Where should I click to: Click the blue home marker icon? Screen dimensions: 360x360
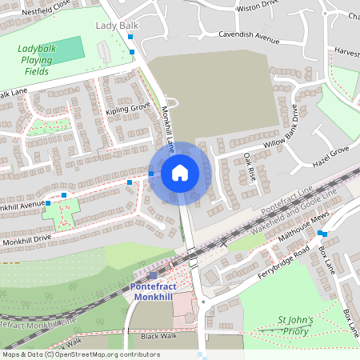180,173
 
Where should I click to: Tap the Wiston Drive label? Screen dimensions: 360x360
258,8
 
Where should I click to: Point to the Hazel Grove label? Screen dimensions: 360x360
330,150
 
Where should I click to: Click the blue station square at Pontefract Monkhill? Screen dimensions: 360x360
153,274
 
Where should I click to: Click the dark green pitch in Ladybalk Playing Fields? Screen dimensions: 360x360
69,48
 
